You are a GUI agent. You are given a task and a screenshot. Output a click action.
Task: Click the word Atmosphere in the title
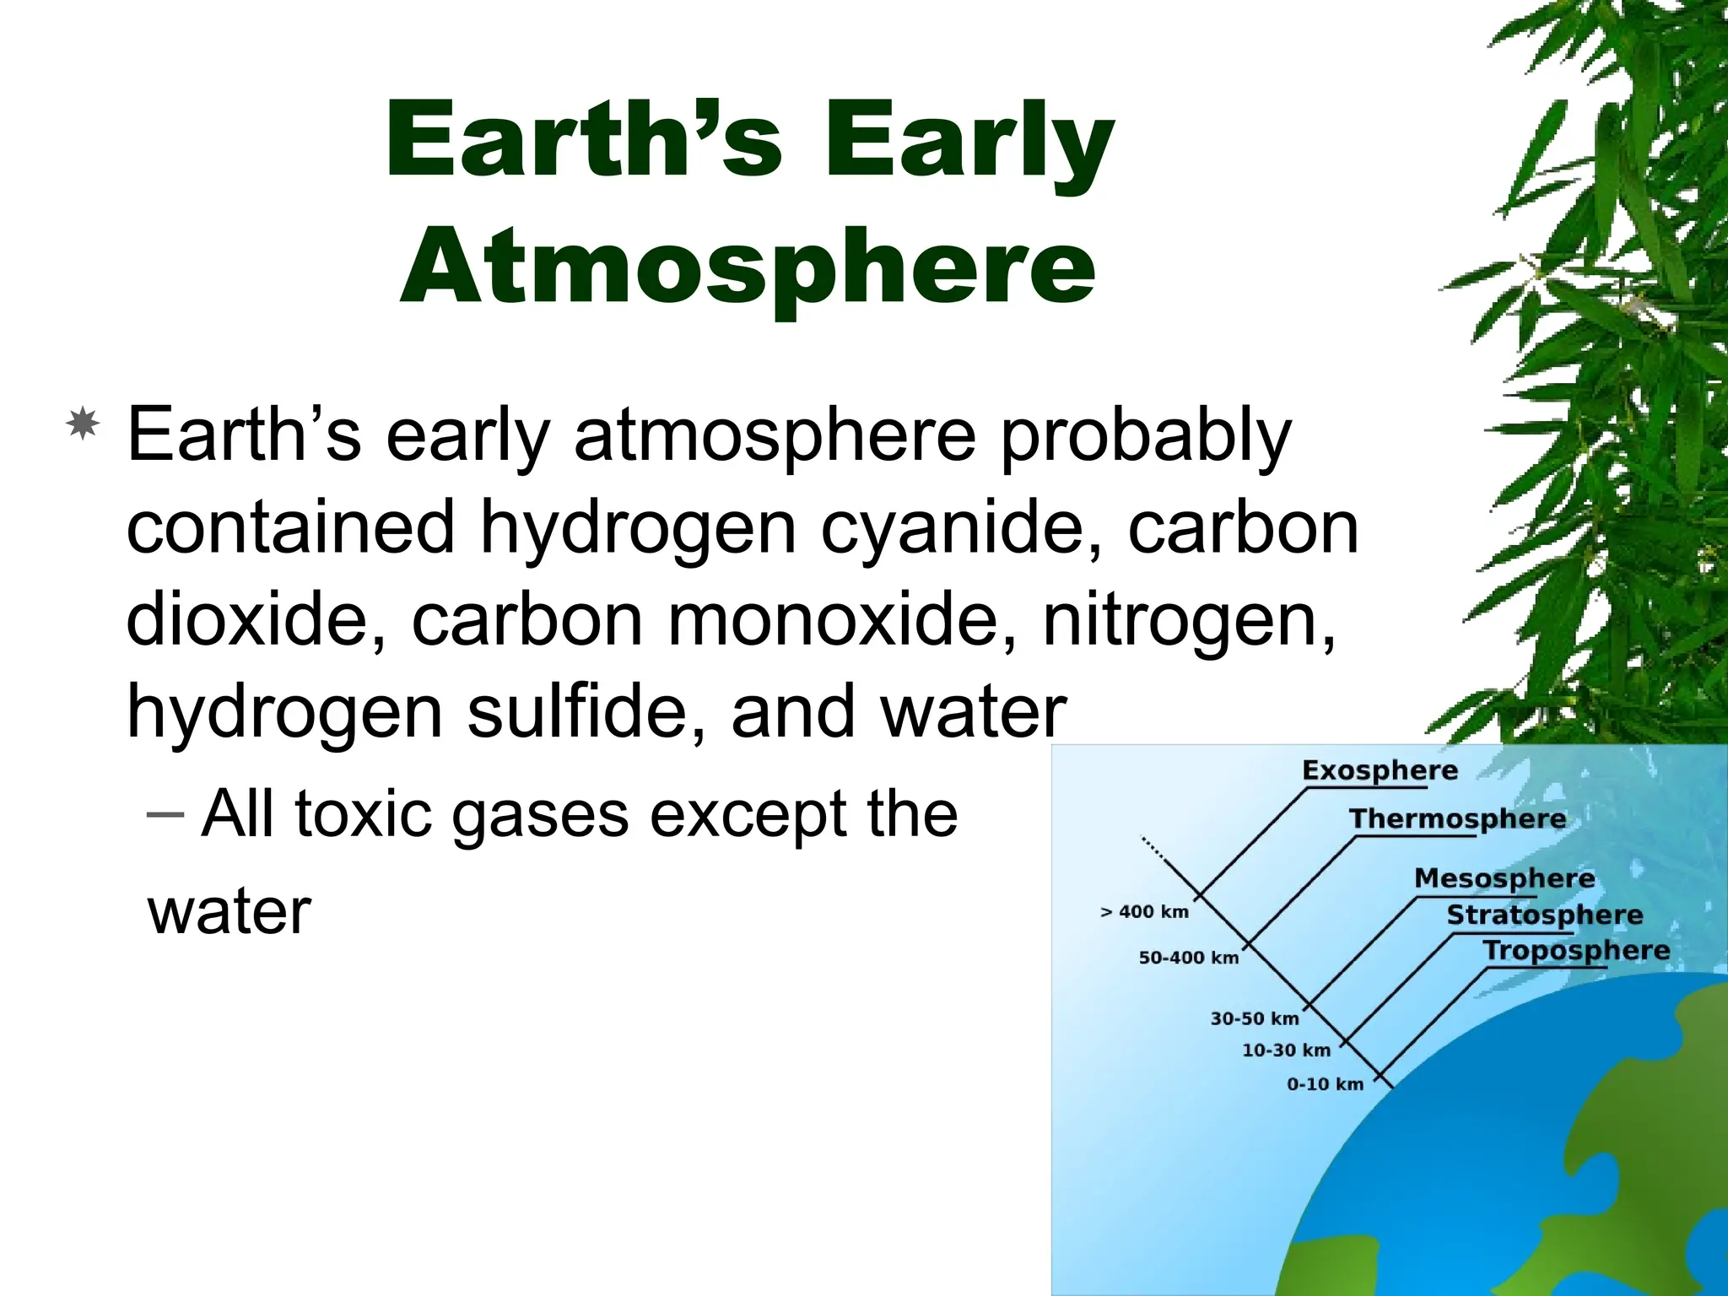point(748,268)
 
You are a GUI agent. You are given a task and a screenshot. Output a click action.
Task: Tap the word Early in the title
point(969,142)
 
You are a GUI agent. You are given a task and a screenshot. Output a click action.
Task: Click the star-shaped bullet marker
point(83,424)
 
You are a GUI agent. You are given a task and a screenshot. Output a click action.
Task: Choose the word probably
point(1145,437)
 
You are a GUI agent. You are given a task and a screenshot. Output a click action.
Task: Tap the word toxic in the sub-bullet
point(363,814)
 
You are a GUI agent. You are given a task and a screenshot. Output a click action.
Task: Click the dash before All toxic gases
point(165,813)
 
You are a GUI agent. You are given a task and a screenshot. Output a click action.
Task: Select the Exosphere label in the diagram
point(1380,770)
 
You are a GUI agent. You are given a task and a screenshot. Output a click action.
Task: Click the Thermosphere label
point(1457,818)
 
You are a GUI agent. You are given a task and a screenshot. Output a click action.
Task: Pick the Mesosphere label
point(1504,878)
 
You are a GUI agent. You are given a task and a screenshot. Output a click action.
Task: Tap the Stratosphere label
point(1544,915)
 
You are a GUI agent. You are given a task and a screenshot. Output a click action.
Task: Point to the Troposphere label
point(1576,950)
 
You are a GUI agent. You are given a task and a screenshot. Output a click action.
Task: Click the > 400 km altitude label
point(1144,912)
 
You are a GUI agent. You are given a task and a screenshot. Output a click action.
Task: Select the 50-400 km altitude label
point(1188,958)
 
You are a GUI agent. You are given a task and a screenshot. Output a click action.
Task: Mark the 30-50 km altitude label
point(1254,1018)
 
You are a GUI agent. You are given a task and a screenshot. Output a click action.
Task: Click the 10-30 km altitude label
point(1286,1050)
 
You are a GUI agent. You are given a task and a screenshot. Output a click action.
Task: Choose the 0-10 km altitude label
point(1325,1084)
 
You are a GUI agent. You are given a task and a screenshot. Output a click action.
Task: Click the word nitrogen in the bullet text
point(1189,620)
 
